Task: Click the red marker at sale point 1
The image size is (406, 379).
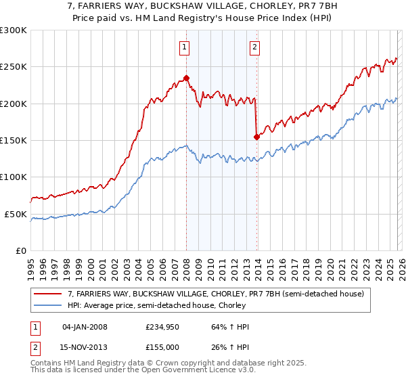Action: tap(186, 78)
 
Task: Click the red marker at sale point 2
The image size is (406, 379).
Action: tap(256, 137)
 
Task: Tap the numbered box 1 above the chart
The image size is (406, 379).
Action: tap(184, 47)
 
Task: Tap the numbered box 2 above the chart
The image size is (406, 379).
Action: tap(254, 47)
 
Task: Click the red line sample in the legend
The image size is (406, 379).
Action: tap(47, 294)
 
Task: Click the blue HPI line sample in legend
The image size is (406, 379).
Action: tap(47, 305)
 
